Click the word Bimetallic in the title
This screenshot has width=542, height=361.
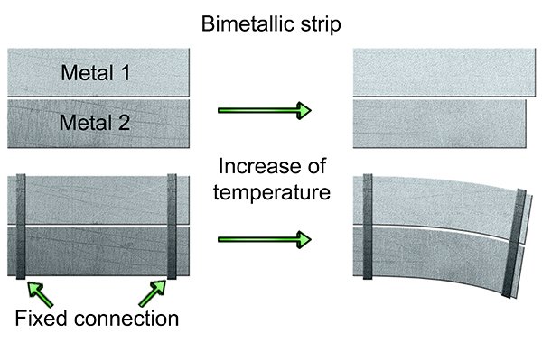click(248, 23)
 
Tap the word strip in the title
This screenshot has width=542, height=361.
click(321, 25)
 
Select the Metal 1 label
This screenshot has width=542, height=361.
click(96, 73)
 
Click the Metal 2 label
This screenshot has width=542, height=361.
click(95, 123)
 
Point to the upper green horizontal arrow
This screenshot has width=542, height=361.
click(265, 110)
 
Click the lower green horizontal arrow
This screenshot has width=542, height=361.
click(265, 239)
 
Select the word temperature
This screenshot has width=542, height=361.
click(272, 193)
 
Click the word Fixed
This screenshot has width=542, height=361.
click(42, 319)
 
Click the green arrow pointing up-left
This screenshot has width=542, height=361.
click(40, 294)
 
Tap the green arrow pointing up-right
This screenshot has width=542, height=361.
click(153, 293)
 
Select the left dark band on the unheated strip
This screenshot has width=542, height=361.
click(21, 227)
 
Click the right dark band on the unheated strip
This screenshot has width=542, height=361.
click(172, 227)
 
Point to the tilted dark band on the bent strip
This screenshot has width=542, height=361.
click(514, 243)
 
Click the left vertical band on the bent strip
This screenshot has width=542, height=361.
click(368, 227)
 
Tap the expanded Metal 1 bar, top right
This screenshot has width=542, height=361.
click(444, 72)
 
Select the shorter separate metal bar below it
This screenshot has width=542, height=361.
click(439, 124)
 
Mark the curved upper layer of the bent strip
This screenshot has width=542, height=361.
click(443, 204)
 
